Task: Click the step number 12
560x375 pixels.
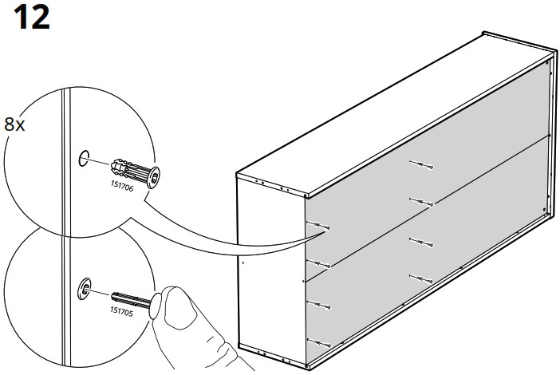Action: (x=31, y=17)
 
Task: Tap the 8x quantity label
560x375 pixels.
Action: (x=14, y=124)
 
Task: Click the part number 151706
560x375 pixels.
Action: (x=122, y=186)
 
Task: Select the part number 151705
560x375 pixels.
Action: (x=121, y=310)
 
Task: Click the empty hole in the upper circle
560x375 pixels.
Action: (x=84, y=159)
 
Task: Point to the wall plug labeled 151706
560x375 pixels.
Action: (x=136, y=173)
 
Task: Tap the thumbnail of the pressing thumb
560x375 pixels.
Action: (x=179, y=308)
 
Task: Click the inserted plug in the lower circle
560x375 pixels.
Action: (x=85, y=289)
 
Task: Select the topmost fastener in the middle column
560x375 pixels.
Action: (x=421, y=165)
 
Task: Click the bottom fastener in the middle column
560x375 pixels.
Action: (x=421, y=278)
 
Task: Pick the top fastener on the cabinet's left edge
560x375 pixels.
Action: (x=318, y=225)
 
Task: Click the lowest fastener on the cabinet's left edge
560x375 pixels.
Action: (x=319, y=343)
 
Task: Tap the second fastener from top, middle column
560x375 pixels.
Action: (x=421, y=202)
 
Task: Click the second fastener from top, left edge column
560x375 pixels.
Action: (x=318, y=264)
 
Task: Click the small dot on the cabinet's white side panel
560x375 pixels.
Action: (x=243, y=262)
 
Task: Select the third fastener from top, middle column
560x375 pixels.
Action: (x=421, y=243)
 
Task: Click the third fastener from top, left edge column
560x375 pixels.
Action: (x=319, y=305)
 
